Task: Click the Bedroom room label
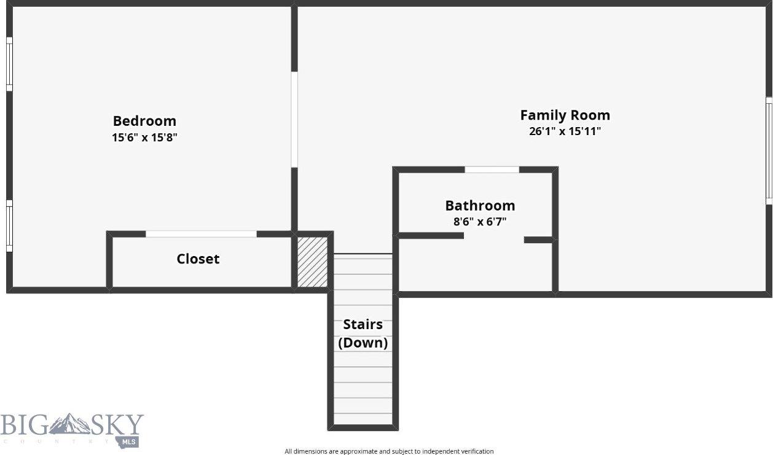[x=144, y=121]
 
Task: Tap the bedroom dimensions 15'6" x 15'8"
[x=144, y=138]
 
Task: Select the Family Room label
[x=565, y=115]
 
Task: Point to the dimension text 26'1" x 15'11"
[x=565, y=131]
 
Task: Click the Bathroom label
[x=480, y=205]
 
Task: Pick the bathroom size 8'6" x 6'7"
[x=480, y=222]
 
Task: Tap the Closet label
[x=198, y=259]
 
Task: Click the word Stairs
[x=363, y=324]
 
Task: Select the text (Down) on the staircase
[x=363, y=343]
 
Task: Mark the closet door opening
[x=201, y=234]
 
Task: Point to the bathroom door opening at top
[x=492, y=169]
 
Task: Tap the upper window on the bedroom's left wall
[x=9, y=64]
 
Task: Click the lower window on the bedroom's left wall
[x=9, y=225]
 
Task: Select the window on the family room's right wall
[x=768, y=150]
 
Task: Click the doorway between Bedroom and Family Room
[x=294, y=120]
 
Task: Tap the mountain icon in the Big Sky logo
[x=69, y=424]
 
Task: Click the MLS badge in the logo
[x=130, y=441]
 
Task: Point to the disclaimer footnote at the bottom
[x=388, y=451]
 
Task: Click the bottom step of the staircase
[x=363, y=419]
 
